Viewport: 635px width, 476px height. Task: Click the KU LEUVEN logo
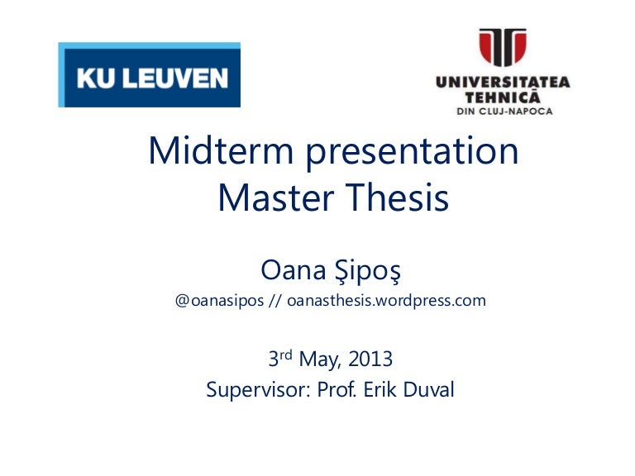pos(150,76)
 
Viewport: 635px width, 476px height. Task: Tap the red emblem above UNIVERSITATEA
pos(502,48)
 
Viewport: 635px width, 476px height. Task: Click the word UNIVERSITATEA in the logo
pos(503,83)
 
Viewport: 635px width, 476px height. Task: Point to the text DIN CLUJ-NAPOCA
pos(504,111)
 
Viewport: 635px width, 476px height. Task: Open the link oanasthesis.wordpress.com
pos(386,301)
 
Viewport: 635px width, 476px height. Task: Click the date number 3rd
pos(281,359)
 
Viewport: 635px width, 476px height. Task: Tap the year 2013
pos(371,360)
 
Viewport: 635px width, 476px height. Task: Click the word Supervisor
pos(254,389)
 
